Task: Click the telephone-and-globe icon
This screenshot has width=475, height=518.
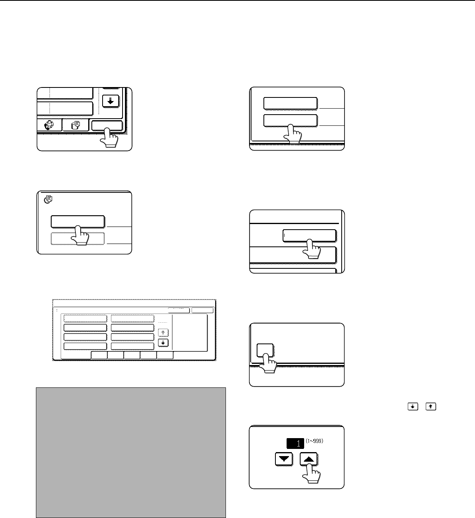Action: (x=49, y=125)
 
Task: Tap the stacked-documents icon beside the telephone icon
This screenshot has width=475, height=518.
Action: (x=75, y=125)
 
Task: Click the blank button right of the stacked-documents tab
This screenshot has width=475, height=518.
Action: (x=107, y=125)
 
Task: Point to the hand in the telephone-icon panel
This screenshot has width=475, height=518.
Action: (x=109, y=138)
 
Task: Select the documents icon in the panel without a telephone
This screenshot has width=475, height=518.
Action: (x=48, y=199)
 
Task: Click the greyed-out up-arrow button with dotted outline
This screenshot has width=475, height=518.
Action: (x=163, y=333)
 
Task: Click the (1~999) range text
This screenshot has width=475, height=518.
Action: (x=315, y=441)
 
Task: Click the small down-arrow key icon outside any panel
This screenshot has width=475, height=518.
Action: (x=413, y=407)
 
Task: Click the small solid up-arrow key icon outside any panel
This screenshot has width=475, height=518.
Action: (x=431, y=407)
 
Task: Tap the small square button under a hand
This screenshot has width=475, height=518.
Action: (x=265, y=350)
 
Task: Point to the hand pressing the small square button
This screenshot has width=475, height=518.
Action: (x=268, y=363)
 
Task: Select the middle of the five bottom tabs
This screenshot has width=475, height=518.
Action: (x=132, y=355)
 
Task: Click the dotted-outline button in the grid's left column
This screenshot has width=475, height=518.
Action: (x=85, y=318)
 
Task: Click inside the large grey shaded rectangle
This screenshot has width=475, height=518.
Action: (x=131, y=453)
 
